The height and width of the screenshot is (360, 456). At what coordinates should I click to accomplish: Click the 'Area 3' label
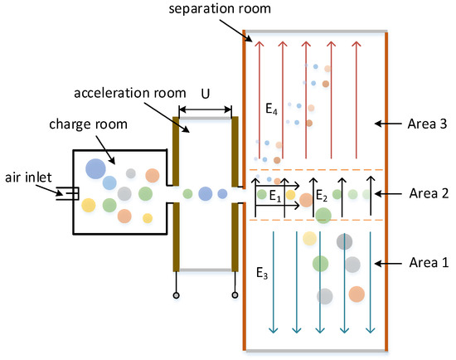point(426,123)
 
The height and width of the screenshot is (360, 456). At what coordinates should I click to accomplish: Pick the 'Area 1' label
point(426,262)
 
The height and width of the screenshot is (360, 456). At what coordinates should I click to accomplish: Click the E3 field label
point(261,272)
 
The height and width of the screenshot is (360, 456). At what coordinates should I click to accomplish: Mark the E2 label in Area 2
point(323,197)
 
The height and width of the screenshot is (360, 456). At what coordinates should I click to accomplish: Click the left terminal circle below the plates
point(176,296)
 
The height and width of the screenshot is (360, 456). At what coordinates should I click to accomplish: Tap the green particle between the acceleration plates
point(188,193)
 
